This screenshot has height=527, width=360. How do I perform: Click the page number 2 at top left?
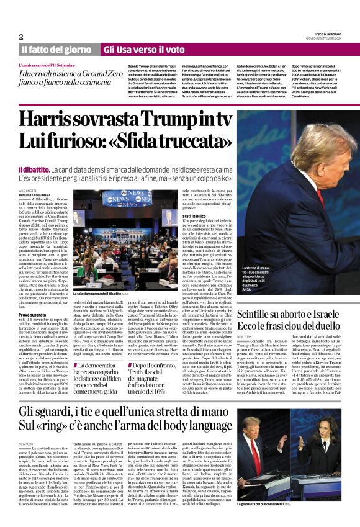(21, 37)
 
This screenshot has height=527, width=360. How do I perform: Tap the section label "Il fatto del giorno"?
(56, 49)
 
